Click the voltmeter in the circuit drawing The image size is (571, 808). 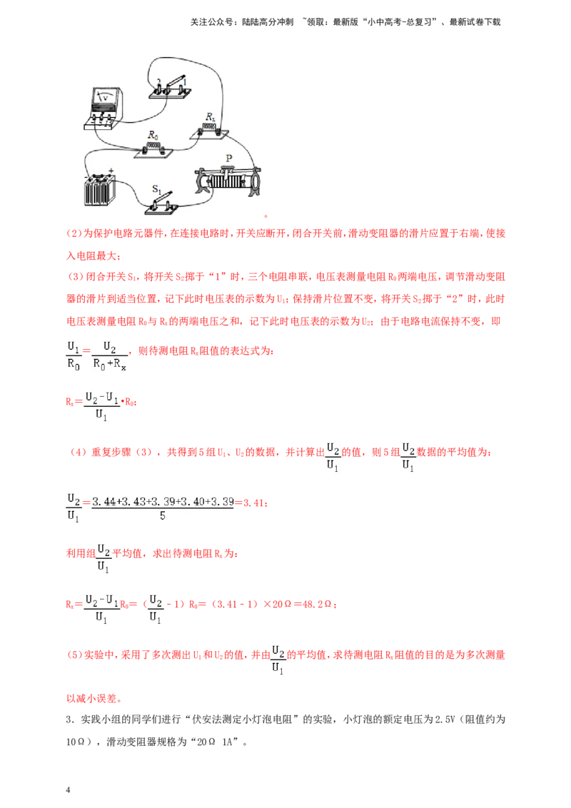click(104, 106)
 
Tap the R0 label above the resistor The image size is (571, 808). click(153, 135)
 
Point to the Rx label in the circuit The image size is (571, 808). click(210, 116)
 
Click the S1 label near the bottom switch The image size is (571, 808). click(156, 189)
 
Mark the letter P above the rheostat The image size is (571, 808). click(229, 158)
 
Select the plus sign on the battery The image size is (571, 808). click(111, 171)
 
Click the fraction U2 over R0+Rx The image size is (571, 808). click(110, 356)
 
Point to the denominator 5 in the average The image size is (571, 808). click(162, 515)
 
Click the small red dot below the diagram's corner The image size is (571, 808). click(266, 216)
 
